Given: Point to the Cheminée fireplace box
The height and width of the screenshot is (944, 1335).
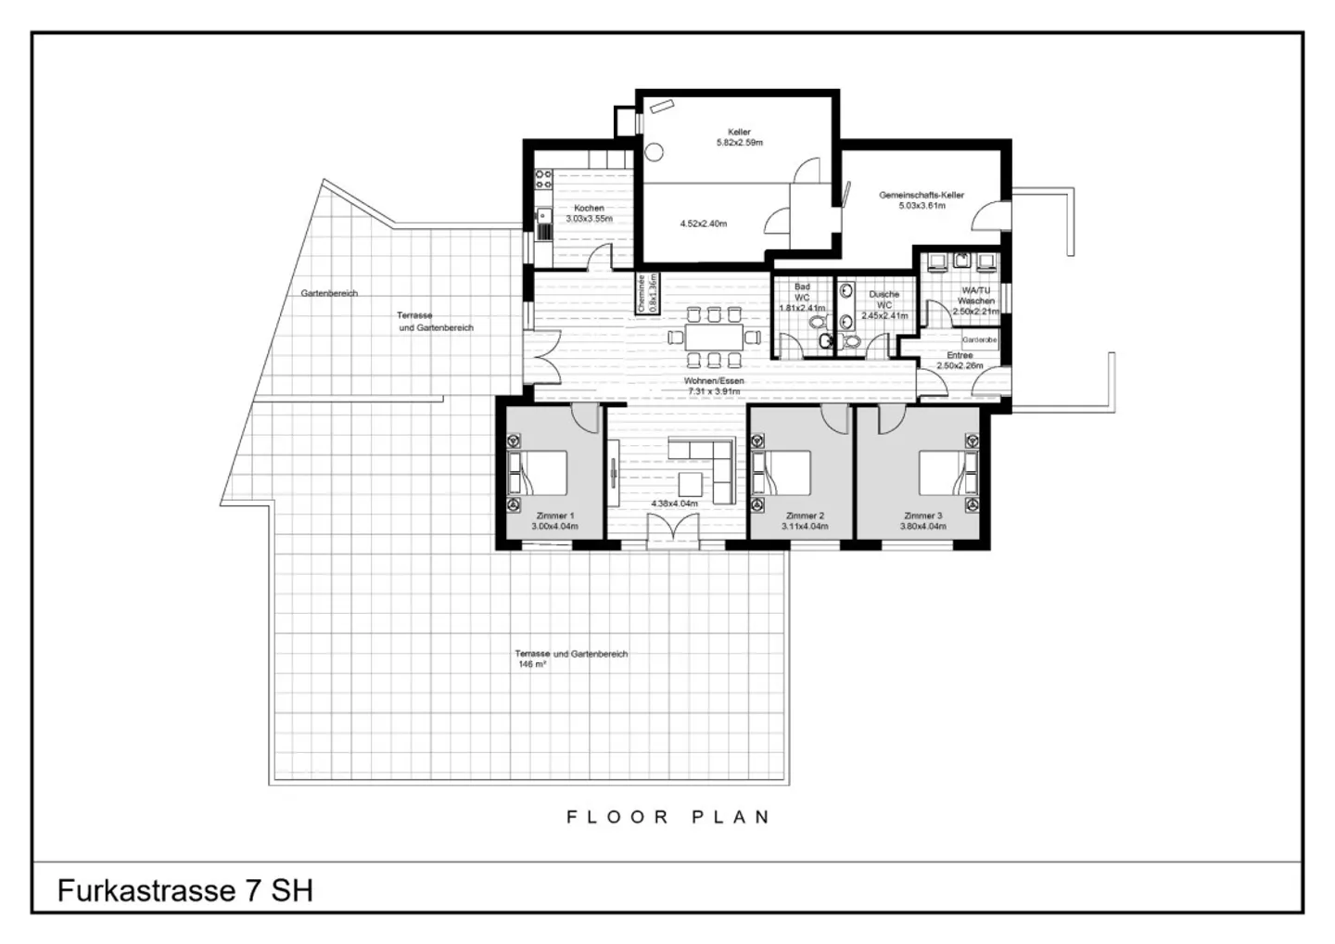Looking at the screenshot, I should pos(646,293).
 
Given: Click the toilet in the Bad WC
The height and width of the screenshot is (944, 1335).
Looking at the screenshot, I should pos(817,324).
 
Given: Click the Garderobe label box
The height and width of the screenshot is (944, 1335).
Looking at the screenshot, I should pos(978,340).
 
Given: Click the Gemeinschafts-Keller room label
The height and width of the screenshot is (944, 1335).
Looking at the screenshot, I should pos(922,196).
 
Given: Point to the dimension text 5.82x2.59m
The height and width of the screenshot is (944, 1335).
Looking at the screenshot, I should pos(739,143).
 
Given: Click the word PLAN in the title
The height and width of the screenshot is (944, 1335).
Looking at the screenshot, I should pos(731,817).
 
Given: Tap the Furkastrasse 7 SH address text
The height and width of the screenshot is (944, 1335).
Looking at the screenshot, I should pos(185,890).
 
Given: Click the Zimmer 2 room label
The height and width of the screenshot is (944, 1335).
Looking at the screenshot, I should pos(804,516).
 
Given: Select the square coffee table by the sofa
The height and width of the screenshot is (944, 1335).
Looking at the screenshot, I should pos(691,484).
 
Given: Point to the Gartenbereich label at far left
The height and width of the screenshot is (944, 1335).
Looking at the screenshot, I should pos(328,293).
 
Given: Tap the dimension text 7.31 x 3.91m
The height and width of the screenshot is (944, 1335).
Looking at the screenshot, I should pos(715,391).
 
